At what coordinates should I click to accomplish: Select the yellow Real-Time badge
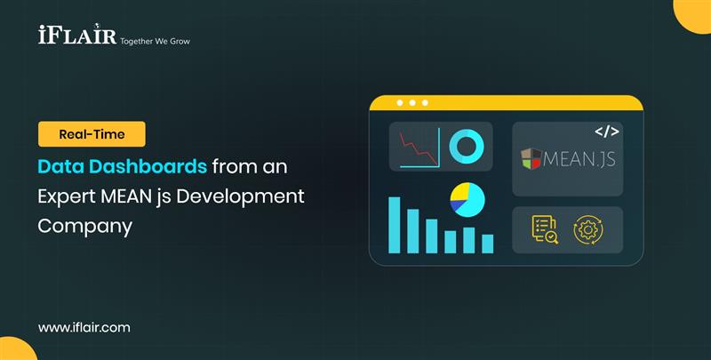[x=92, y=134]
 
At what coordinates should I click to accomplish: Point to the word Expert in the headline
[x=68, y=196]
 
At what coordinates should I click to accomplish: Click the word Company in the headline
[x=85, y=226]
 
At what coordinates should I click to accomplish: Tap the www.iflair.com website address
[x=84, y=327]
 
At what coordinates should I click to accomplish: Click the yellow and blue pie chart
[x=467, y=199]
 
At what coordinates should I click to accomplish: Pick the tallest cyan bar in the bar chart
[x=395, y=225]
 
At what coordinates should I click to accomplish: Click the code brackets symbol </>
[x=606, y=132]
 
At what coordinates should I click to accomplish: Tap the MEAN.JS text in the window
[x=581, y=160]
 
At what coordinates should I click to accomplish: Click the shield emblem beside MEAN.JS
[x=531, y=160]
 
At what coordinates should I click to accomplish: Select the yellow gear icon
[x=587, y=229]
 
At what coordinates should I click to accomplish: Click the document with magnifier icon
[x=544, y=229]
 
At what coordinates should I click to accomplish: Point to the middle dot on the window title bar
[x=412, y=102]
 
